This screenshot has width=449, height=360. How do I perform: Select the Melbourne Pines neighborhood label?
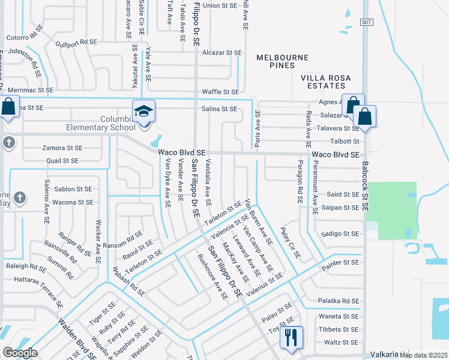click(282, 58)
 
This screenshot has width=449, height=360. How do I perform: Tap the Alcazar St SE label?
click(221, 53)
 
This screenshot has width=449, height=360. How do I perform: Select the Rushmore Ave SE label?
click(213, 277)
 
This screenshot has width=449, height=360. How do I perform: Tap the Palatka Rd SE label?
click(339, 301)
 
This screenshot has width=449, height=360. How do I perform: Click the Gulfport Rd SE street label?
click(76, 42)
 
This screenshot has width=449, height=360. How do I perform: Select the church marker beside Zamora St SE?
click(8, 143)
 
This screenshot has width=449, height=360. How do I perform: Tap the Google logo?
click(20, 353)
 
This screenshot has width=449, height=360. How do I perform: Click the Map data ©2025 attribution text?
click(423, 355)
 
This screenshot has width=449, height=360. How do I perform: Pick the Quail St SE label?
click(62, 161)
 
